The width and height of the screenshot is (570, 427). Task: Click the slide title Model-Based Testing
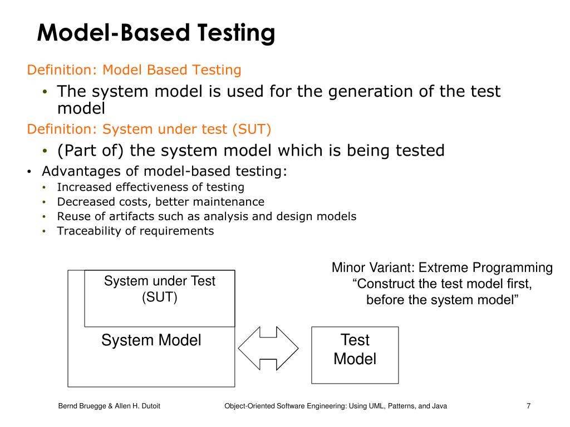[x=156, y=33]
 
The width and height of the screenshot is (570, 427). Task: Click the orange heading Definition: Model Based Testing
[x=134, y=70]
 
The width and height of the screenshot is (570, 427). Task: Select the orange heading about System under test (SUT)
[x=149, y=130]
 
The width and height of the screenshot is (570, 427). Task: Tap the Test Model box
[x=355, y=355]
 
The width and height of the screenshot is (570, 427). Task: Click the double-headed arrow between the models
[x=268, y=349]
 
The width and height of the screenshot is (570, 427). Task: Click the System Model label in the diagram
[x=151, y=340]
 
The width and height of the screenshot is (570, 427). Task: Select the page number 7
[x=528, y=406]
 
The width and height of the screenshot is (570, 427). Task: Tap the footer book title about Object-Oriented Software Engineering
[x=335, y=406]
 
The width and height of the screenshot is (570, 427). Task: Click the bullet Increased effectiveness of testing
[x=150, y=187]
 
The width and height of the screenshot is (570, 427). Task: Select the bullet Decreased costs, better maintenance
[x=160, y=202]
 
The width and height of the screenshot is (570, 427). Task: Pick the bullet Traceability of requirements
[x=135, y=231]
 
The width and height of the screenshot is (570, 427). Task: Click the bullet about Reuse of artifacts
[x=206, y=216]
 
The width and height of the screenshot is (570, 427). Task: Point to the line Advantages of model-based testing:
[x=165, y=171]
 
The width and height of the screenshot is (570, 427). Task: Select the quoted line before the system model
[x=443, y=300]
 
